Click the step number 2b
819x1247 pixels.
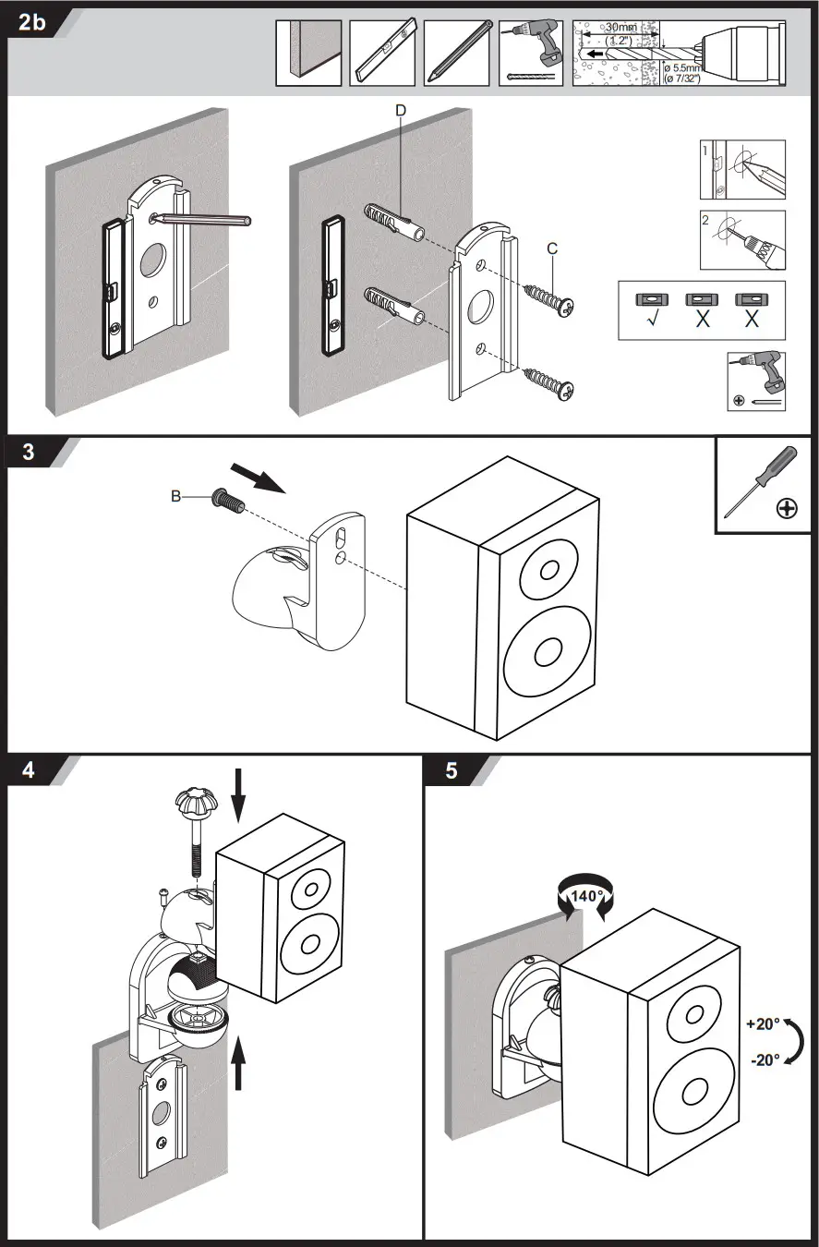click(x=31, y=23)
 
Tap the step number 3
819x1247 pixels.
click(x=29, y=452)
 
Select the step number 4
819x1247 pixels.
click(x=29, y=770)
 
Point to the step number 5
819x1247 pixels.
click(x=451, y=770)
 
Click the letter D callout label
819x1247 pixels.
click(x=400, y=110)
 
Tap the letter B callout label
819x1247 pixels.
click(x=175, y=497)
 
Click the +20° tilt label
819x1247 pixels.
click(x=763, y=1023)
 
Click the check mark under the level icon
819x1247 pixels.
click(x=652, y=321)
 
